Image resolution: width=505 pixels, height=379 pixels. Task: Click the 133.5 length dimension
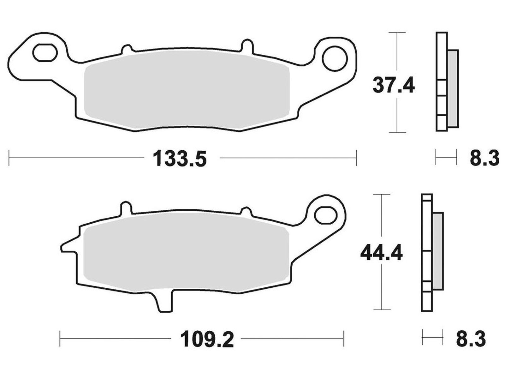pyautogui.click(x=180, y=158)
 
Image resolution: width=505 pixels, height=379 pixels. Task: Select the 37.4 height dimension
pyautogui.click(x=394, y=85)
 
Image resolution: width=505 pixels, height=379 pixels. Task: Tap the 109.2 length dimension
pyautogui.click(x=207, y=339)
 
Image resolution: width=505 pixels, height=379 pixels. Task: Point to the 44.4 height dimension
pyautogui.click(x=381, y=253)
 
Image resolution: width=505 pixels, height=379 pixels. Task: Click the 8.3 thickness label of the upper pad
pyautogui.click(x=484, y=158)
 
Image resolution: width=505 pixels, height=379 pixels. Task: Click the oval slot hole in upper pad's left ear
pyautogui.click(x=45, y=53)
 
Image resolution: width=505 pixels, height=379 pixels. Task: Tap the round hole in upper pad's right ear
pyautogui.click(x=334, y=58)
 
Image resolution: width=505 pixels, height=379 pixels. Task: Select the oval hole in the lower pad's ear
pyautogui.click(x=325, y=216)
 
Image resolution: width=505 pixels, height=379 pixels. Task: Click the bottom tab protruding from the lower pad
pyautogui.click(x=165, y=301)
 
